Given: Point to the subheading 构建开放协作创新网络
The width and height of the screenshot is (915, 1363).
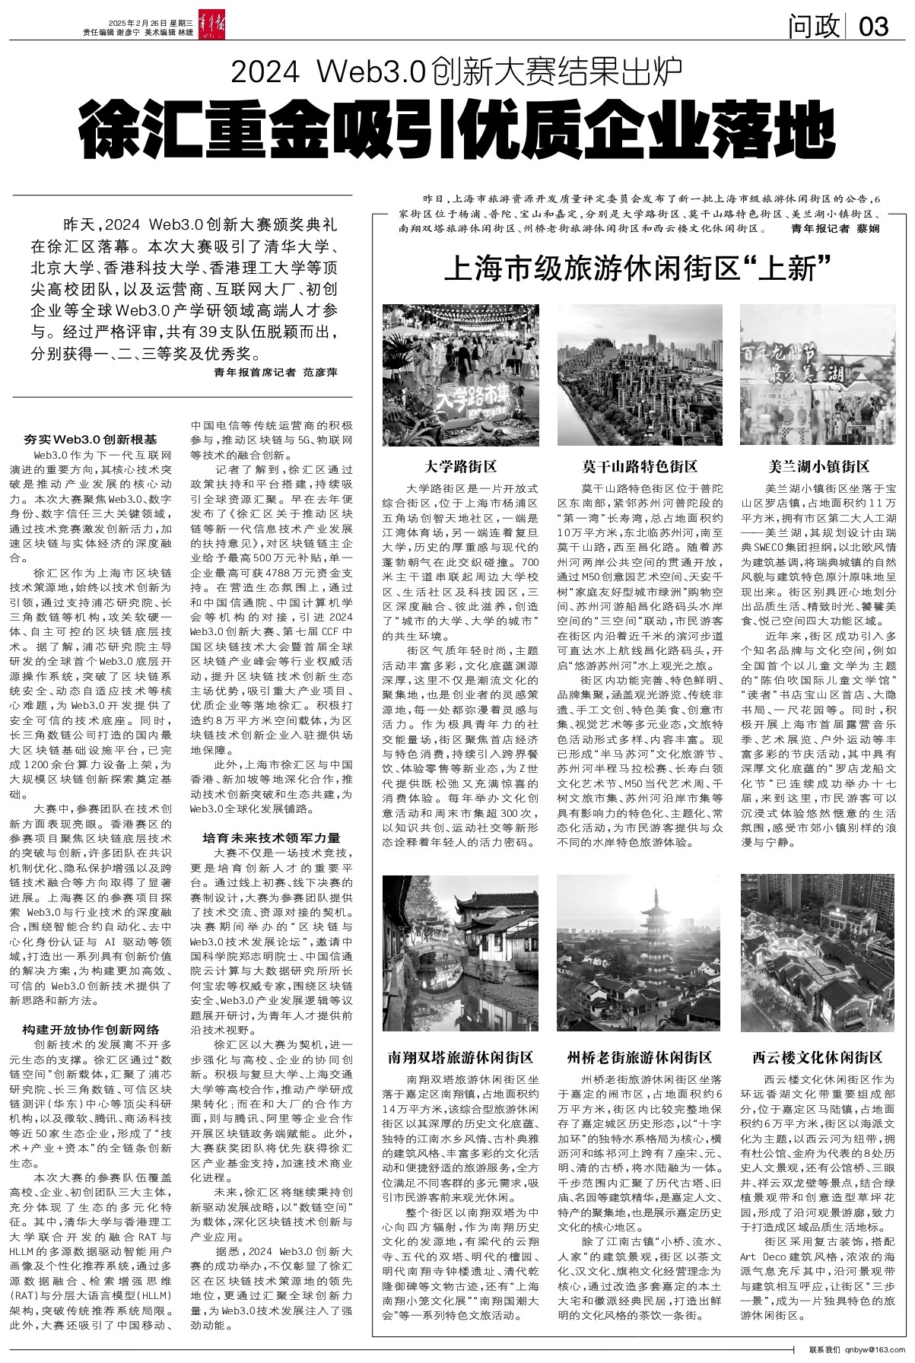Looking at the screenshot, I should [91, 1029].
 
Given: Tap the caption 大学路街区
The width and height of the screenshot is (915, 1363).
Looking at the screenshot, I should [460, 465].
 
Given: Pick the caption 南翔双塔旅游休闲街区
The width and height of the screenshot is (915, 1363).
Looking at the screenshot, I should [460, 1057].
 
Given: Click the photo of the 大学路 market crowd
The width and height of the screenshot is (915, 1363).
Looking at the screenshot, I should [460, 374].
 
